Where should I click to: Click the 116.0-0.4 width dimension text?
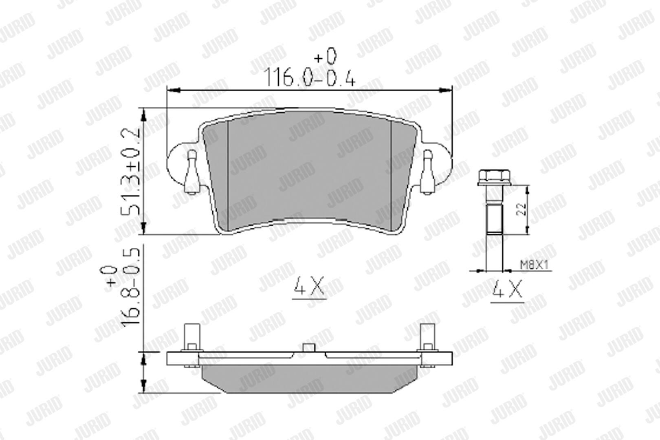point(310,78)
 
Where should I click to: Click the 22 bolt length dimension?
point(522,209)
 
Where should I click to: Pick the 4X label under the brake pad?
point(309,286)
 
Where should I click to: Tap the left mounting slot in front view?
point(192,172)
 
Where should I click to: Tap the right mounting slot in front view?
point(427,172)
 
